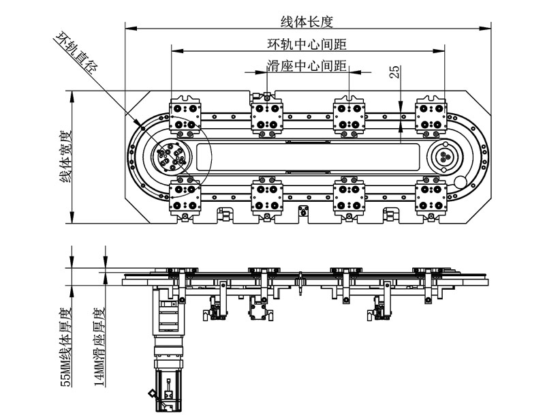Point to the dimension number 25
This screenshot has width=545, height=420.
pyautogui.click(x=394, y=72)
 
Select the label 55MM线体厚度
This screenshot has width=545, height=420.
pyautogui.click(x=66, y=348)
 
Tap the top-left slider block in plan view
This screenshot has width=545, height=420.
pyautogui.click(x=185, y=117)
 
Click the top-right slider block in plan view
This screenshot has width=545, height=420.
pyautogui.click(x=431, y=116)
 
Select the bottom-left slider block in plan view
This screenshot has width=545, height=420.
pyautogui.click(x=185, y=196)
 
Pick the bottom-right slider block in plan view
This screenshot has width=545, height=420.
pyautogui.click(x=431, y=196)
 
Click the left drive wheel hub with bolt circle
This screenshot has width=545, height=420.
pyautogui.click(x=171, y=156)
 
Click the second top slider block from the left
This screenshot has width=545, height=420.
pyautogui.click(x=266, y=116)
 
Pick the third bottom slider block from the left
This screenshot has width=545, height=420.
pyautogui.click(x=349, y=196)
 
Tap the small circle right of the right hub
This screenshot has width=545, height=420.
pyautogui.click(x=461, y=182)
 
